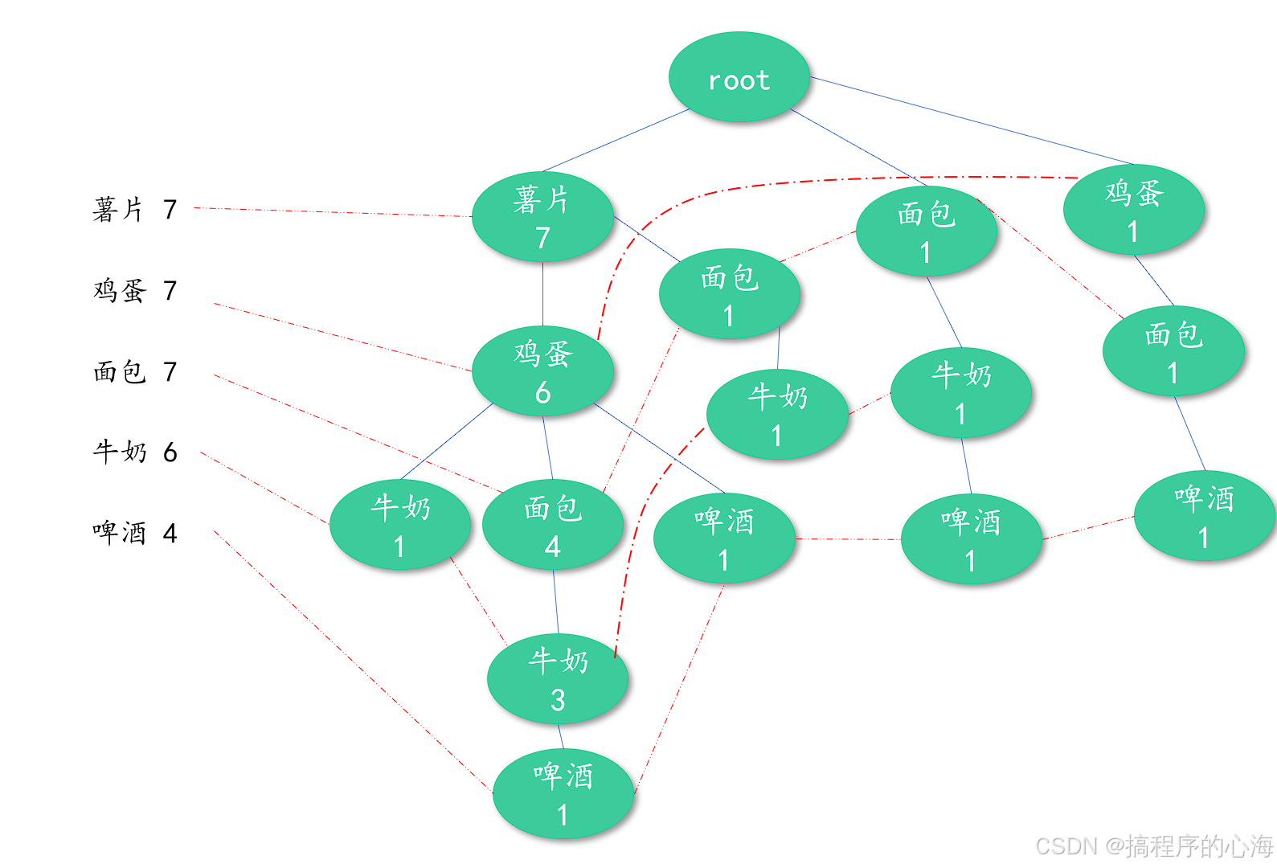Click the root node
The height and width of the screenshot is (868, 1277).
[x=739, y=77]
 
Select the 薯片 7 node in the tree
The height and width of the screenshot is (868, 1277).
[x=542, y=216]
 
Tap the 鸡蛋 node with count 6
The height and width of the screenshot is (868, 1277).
[x=542, y=371]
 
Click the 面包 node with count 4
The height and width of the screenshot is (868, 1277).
[x=553, y=525]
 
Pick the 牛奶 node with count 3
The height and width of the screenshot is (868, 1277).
[x=558, y=678]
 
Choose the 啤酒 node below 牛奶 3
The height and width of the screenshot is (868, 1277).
[x=563, y=794]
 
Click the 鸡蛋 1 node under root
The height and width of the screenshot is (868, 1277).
[x=1133, y=210]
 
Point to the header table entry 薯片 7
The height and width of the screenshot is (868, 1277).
[x=134, y=210]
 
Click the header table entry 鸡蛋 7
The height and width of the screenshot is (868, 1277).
[x=134, y=290]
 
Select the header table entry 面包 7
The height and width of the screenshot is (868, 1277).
[x=134, y=371]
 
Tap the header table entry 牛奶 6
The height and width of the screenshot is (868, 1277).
[x=134, y=452]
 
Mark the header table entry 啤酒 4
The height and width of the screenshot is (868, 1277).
[x=134, y=533]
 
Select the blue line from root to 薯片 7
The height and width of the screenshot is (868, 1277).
[x=616, y=141]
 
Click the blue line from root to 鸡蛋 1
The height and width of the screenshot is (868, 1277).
[x=972, y=121]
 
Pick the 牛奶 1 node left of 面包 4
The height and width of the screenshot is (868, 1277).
[x=400, y=525]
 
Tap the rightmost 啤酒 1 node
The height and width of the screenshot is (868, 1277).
[x=1204, y=515]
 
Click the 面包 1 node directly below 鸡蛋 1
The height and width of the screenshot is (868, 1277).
[x=1173, y=350]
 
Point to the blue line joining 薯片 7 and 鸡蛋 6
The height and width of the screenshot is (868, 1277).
[x=542, y=293]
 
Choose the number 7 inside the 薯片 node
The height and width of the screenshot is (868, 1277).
[x=542, y=238]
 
